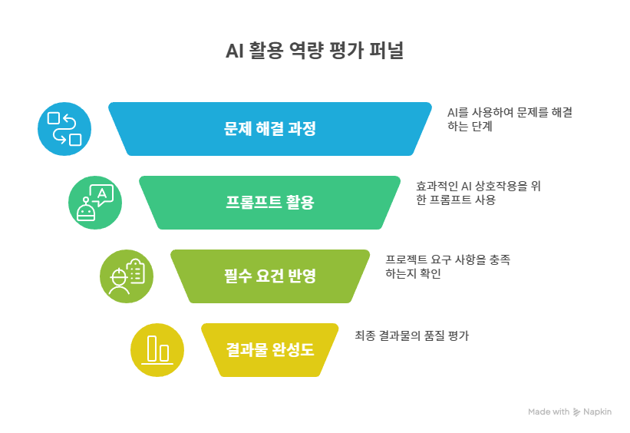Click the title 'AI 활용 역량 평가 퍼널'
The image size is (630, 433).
tap(314, 51)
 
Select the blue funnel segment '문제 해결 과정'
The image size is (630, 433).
tap(269, 129)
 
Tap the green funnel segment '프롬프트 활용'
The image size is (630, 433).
tap(269, 203)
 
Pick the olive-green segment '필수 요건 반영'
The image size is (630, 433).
tap(269, 276)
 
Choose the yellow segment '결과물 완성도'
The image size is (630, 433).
tap(269, 350)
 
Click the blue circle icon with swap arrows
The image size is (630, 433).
tap(64, 129)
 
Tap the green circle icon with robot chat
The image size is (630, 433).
tap(95, 203)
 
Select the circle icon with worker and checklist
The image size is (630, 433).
tap(127, 276)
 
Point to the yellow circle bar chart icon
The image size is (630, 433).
tap(157, 350)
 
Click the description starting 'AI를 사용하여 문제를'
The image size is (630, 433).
tap(510, 119)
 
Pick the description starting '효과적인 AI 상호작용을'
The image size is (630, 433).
tap(478, 193)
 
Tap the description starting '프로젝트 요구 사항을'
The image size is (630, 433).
tap(447, 266)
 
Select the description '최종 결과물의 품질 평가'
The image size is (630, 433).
tap(411, 335)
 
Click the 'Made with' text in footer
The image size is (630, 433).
tap(548, 412)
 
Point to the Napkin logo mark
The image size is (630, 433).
tap(576, 412)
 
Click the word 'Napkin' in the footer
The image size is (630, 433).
tap(597, 412)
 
